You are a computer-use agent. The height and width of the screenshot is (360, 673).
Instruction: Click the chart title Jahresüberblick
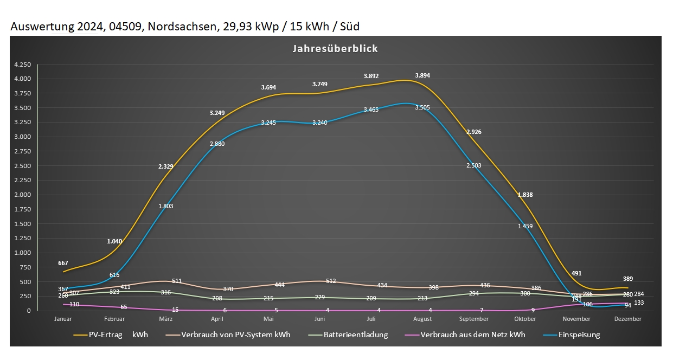pyautogui.click(x=335, y=49)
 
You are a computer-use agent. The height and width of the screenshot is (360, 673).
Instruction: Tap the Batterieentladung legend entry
pyautogui.click(x=356, y=335)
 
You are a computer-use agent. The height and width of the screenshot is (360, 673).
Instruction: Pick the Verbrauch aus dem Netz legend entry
pyautogui.click(x=472, y=335)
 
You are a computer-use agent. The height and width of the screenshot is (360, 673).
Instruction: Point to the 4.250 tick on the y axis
pyautogui.click(x=22, y=65)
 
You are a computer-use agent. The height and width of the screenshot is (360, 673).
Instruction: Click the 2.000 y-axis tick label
pyautogui.click(x=22, y=195)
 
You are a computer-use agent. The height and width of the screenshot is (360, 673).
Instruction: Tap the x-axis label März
pyautogui.click(x=165, y=319)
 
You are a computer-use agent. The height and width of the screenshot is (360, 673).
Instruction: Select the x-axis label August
pyautogui.click(x=422, y=319)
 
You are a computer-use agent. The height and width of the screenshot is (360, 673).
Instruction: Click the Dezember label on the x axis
pyautogui.click(x=628, y=319)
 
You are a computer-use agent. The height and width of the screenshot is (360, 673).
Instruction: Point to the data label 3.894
pyautogui.click(x=422, y=76)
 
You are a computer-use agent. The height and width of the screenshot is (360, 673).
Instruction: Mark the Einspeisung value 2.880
pyautogui.click(x=217, y=144)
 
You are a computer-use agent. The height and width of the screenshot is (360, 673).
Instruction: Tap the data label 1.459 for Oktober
pyautogui.click(x=525, y=226)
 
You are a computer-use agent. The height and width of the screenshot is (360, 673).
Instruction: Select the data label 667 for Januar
pyautogui.click(x=63, y=263)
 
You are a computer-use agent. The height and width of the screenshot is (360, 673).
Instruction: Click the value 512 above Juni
pyautogui.click(x=331, y=281)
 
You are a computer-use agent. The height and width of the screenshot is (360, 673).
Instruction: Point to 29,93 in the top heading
pyautogui.click(x=236, y=26)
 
